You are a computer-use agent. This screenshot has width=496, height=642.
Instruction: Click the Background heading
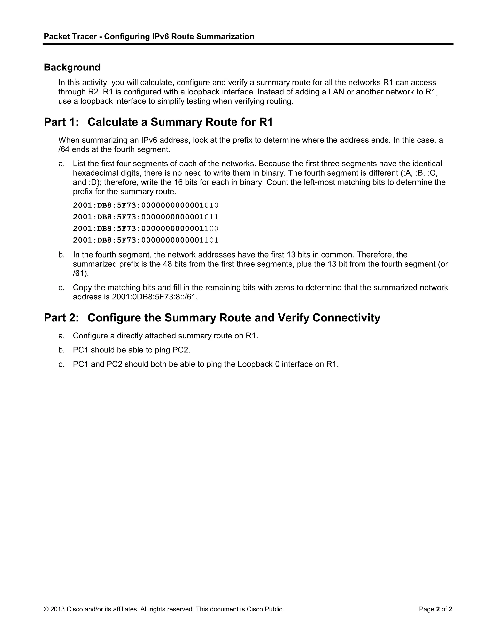[x=72, y=67]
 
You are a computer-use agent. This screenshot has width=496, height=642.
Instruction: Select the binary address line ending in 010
[x=146, y=205]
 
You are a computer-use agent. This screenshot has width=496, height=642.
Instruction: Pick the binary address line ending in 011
[x=146, y=217]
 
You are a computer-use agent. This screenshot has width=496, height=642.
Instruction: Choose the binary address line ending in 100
[x=146, y=228]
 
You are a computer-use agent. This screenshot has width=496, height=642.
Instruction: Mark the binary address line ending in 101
[x=146, y=240]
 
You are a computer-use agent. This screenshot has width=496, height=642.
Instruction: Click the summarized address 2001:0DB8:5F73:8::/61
[x=155, y=297]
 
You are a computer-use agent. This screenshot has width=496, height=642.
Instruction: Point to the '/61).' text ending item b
[x=81, y=273]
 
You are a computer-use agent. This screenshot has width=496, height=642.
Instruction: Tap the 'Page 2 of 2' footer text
[x=435, y=609]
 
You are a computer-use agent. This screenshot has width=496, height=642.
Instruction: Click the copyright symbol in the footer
[x=46, y=609]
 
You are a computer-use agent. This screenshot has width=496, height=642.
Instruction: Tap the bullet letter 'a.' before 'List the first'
[x=62, y=164]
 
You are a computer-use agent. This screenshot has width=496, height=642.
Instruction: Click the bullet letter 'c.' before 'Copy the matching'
[x=62, y=288]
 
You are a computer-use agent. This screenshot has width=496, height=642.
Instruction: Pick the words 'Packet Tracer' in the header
[x=70, y=36]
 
